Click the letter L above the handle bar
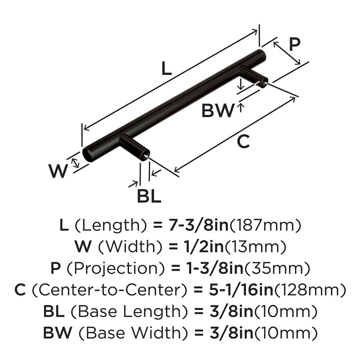pos(166,69)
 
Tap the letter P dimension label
pos(294,45)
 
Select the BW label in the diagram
pos(217,111)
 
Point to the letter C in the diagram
pos(243,142)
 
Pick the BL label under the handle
pos(149,197)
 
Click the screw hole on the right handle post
pos(264,84)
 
